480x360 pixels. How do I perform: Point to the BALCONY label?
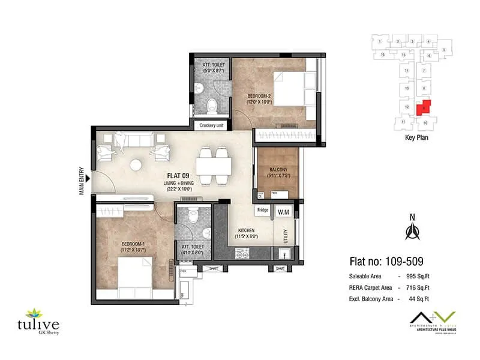coord(278,170)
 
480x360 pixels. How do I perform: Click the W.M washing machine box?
coord(281,211)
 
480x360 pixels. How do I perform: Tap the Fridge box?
coord(262,210)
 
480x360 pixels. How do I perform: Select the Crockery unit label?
coord(212,125)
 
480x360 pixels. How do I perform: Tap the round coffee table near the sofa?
coord(137,164)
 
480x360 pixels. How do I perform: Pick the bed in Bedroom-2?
coord(290,89)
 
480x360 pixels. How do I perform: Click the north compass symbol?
coord(412,230)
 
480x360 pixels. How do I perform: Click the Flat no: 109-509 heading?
coord(386,262)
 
